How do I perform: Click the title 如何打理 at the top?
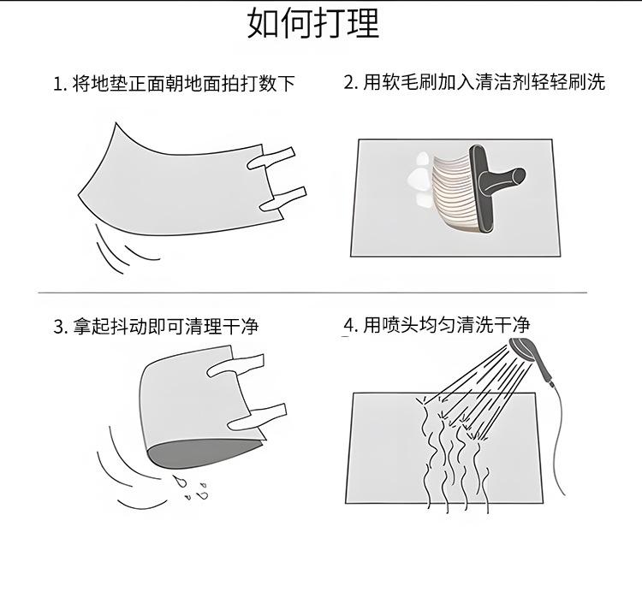313,23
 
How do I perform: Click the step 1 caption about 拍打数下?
174,84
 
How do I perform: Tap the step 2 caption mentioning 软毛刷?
474,82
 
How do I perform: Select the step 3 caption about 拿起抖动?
156,326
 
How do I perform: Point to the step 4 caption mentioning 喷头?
437,325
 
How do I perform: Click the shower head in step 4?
522,349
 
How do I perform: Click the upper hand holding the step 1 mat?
271,158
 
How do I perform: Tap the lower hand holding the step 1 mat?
283,198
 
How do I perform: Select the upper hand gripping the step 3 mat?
236,366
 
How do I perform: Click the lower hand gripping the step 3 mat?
257,417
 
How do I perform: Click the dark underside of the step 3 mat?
200,453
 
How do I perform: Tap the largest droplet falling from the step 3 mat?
180,482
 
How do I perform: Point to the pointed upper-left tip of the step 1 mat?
116,123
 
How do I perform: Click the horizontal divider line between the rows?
312,293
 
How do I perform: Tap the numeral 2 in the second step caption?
349,83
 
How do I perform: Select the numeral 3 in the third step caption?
58,327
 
